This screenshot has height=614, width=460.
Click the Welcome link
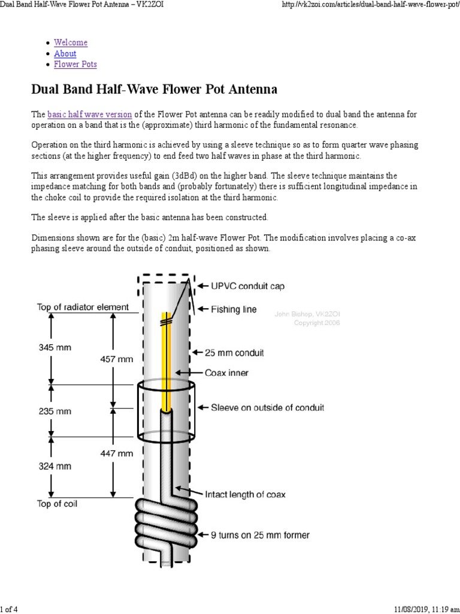(x=71, y=43)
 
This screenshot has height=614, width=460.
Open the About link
(x=65, y=53)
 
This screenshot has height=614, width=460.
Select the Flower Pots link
(x=75, y=64)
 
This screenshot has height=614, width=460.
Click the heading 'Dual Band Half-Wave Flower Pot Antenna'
(x=154, y=90)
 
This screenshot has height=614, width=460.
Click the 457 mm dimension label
(x=116, y=359)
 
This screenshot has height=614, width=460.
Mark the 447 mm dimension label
(x=116, y=454)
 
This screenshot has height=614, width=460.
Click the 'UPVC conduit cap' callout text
(x=247, y=286)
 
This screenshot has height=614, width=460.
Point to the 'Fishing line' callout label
(x=234, y=309)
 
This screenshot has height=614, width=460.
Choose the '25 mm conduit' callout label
(x=237, y=353)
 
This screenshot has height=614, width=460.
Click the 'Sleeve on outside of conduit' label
(x=267, y=408)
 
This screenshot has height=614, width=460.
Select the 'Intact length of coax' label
(x=245, y=495)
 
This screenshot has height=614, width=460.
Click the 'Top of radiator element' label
(x=83, y=307)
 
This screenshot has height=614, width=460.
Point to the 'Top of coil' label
(x=57, y=504)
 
